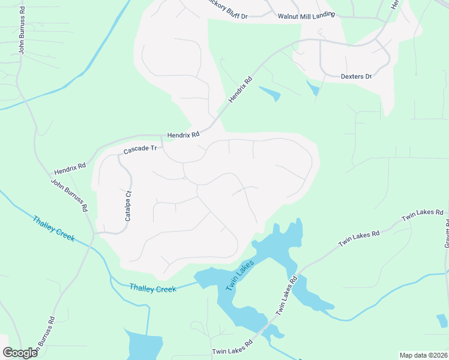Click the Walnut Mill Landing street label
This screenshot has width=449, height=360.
(x=306, y=16)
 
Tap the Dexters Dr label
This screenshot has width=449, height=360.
(x=357, y=76)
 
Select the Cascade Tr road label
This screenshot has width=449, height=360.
(x=140, y=149)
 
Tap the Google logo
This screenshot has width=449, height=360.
(x=19, y=353)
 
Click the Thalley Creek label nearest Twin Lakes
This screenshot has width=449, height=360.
(x=153, y=289)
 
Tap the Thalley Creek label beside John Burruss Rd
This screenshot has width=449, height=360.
(x=53, y=228)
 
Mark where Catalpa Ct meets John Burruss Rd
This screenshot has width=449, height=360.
(x=94, y=233)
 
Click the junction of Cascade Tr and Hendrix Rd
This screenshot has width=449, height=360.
(x=162, y=136)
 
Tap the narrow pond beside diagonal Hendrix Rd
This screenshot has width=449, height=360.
(x=270, y=93)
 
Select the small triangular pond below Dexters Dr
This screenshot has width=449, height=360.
(x=313, y=88)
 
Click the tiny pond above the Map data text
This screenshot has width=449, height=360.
(x=442, y=321)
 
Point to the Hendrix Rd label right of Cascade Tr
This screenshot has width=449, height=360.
(x=183, y=136)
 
